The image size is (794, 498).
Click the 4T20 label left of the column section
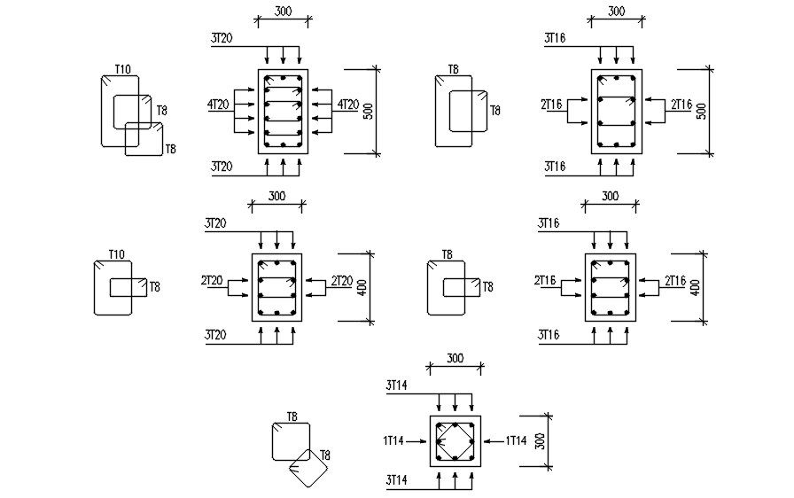pyautogui.click(x=218, y=105)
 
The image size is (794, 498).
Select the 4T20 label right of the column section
pyautogui.click(x=347, y=105)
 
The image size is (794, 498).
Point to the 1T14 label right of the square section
pyautogui.click(x=516, y=440)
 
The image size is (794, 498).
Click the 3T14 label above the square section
pyautogui.click(x=396, y=385)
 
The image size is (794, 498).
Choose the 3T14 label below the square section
pyautogui.click(x=396, y=479)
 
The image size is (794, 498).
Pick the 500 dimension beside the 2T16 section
pyautogui.click(x=702, y=111)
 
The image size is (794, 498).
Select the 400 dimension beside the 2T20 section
pyautogui.click(x=362, y=288)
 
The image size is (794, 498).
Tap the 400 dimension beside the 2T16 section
pyautogui.click(x=696, y=288)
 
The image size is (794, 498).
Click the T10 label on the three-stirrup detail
pyautogui.click(x=122, y=69)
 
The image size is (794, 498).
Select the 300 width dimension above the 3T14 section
pyautogui.click(x=455, y=359)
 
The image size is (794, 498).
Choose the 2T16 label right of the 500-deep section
pyautogui.click(x=681, y=105)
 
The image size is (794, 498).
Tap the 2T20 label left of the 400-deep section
pyautogui.click(x=212, y=281)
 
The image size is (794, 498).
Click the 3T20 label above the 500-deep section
pyautogui.click(x=222, y=38)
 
